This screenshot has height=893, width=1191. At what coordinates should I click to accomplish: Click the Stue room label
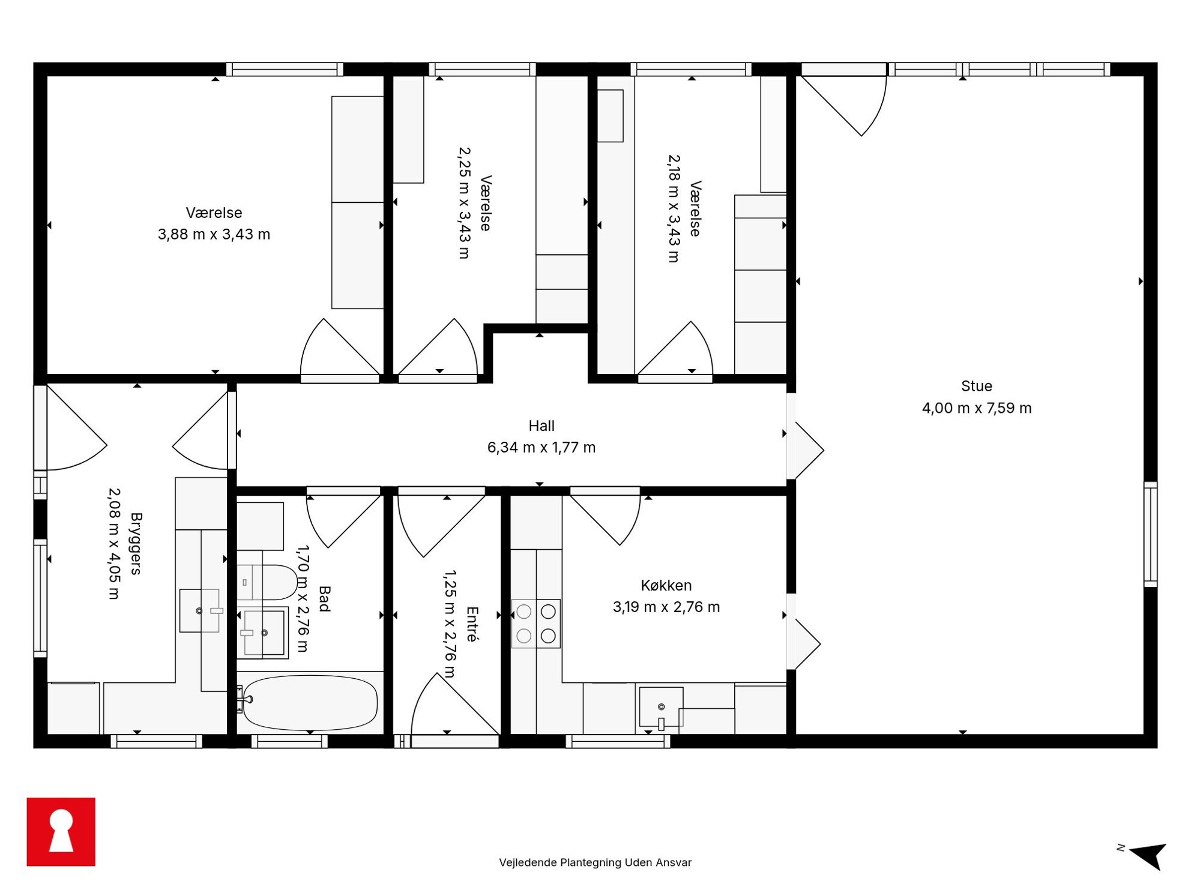click(x=976, y=386)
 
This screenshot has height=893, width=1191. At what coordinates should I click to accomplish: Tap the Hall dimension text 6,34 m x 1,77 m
click(x=541, y=448)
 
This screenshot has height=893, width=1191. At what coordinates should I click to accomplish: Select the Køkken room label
click(x=666, y=585)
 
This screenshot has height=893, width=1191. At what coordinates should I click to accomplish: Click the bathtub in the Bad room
click(x=310, y=702)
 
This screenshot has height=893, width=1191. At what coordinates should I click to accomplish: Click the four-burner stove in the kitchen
click(x=535, y=624)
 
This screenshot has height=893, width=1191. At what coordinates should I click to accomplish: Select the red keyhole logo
click(x=61, y=831)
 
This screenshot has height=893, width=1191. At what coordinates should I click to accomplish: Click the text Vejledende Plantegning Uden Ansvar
click(x=595, y=862)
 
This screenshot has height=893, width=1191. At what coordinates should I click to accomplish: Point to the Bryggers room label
click(x=136, y=544)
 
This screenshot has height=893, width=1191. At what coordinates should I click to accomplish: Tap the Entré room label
click(x=472, y=624)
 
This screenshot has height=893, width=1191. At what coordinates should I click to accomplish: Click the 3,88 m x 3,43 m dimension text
click(x=214, y=235)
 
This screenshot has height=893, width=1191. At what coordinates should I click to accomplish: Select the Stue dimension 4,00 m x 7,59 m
click(x=976, y=408)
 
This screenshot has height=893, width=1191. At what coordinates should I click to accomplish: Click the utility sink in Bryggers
click(x=200, y=610)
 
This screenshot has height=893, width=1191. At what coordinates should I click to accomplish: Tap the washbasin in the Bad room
click(x=264, y=633)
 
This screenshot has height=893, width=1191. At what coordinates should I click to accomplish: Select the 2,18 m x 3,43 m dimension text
click(x=674, y=209)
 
